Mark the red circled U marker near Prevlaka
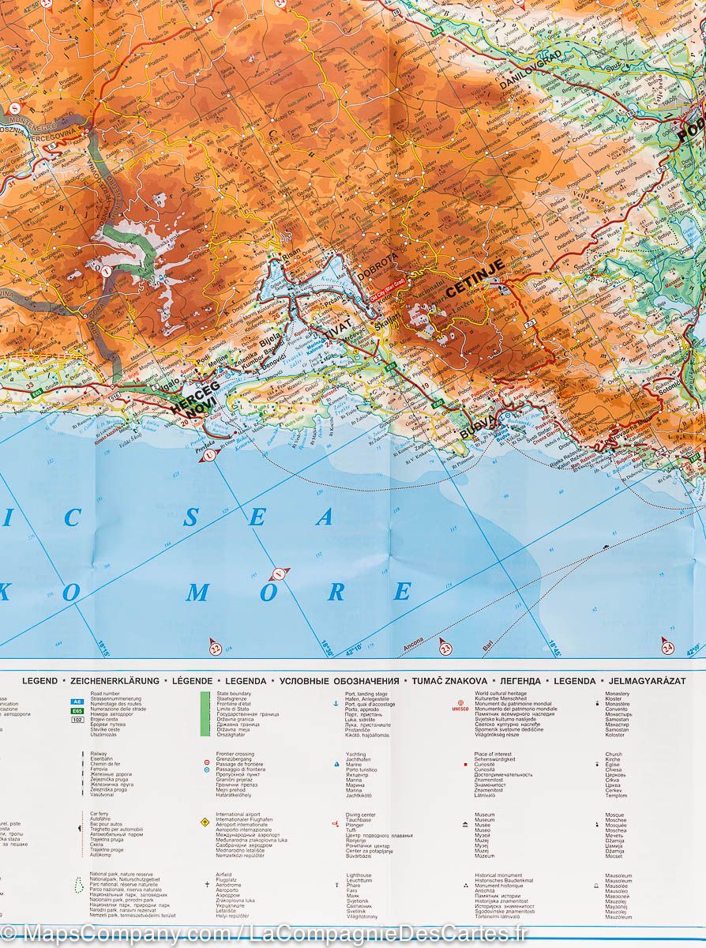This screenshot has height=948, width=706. (209, 455)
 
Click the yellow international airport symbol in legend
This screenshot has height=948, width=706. (205, 822)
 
